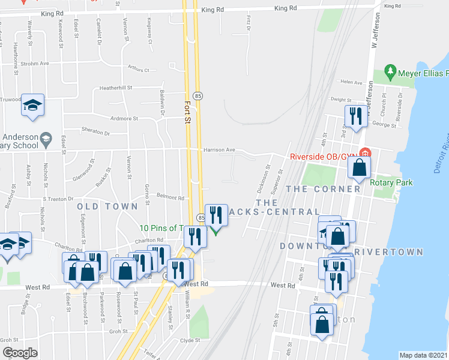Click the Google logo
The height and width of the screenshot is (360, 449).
(x=19, y=353)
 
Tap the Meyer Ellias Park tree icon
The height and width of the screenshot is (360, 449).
(x=391, y=72)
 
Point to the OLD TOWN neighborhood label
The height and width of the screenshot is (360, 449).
(x=103, y=206)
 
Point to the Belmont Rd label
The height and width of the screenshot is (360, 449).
(x=171, y=197)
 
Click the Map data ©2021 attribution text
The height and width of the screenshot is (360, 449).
(x=423, y=355)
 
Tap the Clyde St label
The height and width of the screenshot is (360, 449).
(x=189, y=340)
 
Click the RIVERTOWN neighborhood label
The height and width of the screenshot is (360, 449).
(x=389, y=252)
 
